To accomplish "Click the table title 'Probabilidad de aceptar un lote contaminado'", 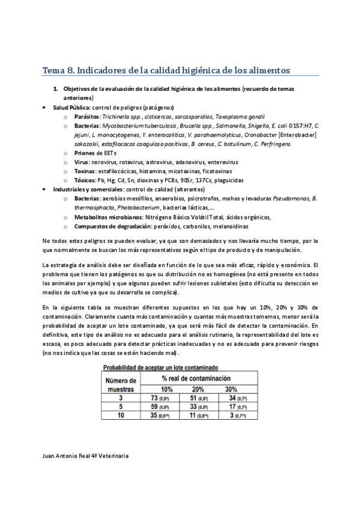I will [x=160, y=367].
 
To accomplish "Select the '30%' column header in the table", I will [x=231, y=389].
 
